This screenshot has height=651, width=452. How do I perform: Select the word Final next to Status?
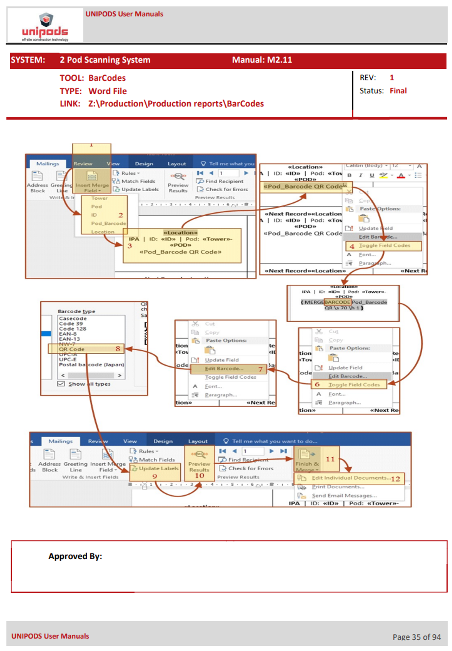pyautogui.click(x=398, y=91)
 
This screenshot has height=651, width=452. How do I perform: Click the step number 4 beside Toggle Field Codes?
pyautogui.click(x=352, y=246)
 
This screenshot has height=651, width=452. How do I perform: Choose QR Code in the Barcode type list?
pyautogui.click(x=72, y=349)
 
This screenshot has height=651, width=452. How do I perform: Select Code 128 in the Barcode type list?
pyautogui.click(x=73, y=329)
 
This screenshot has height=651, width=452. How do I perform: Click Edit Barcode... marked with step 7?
pyautogui.click(x=224, y=369)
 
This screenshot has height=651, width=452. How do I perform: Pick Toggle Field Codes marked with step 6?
pyautogui.click(x=354, y=385)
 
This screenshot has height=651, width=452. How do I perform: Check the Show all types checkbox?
pyautogui.click(x=61, y=384)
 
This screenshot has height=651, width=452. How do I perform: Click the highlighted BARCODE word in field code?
pyautogui.click(x=337, y=302)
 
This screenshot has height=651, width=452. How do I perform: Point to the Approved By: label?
pyautogui.click(x=75, y=556)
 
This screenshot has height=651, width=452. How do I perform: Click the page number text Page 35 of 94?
pyautogui.click(x=416, y=637)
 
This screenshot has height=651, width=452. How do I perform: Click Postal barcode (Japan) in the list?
pyautogui.click(x=91, y=365)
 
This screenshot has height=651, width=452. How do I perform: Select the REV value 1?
pyautogui.click(x=392, y=78)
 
